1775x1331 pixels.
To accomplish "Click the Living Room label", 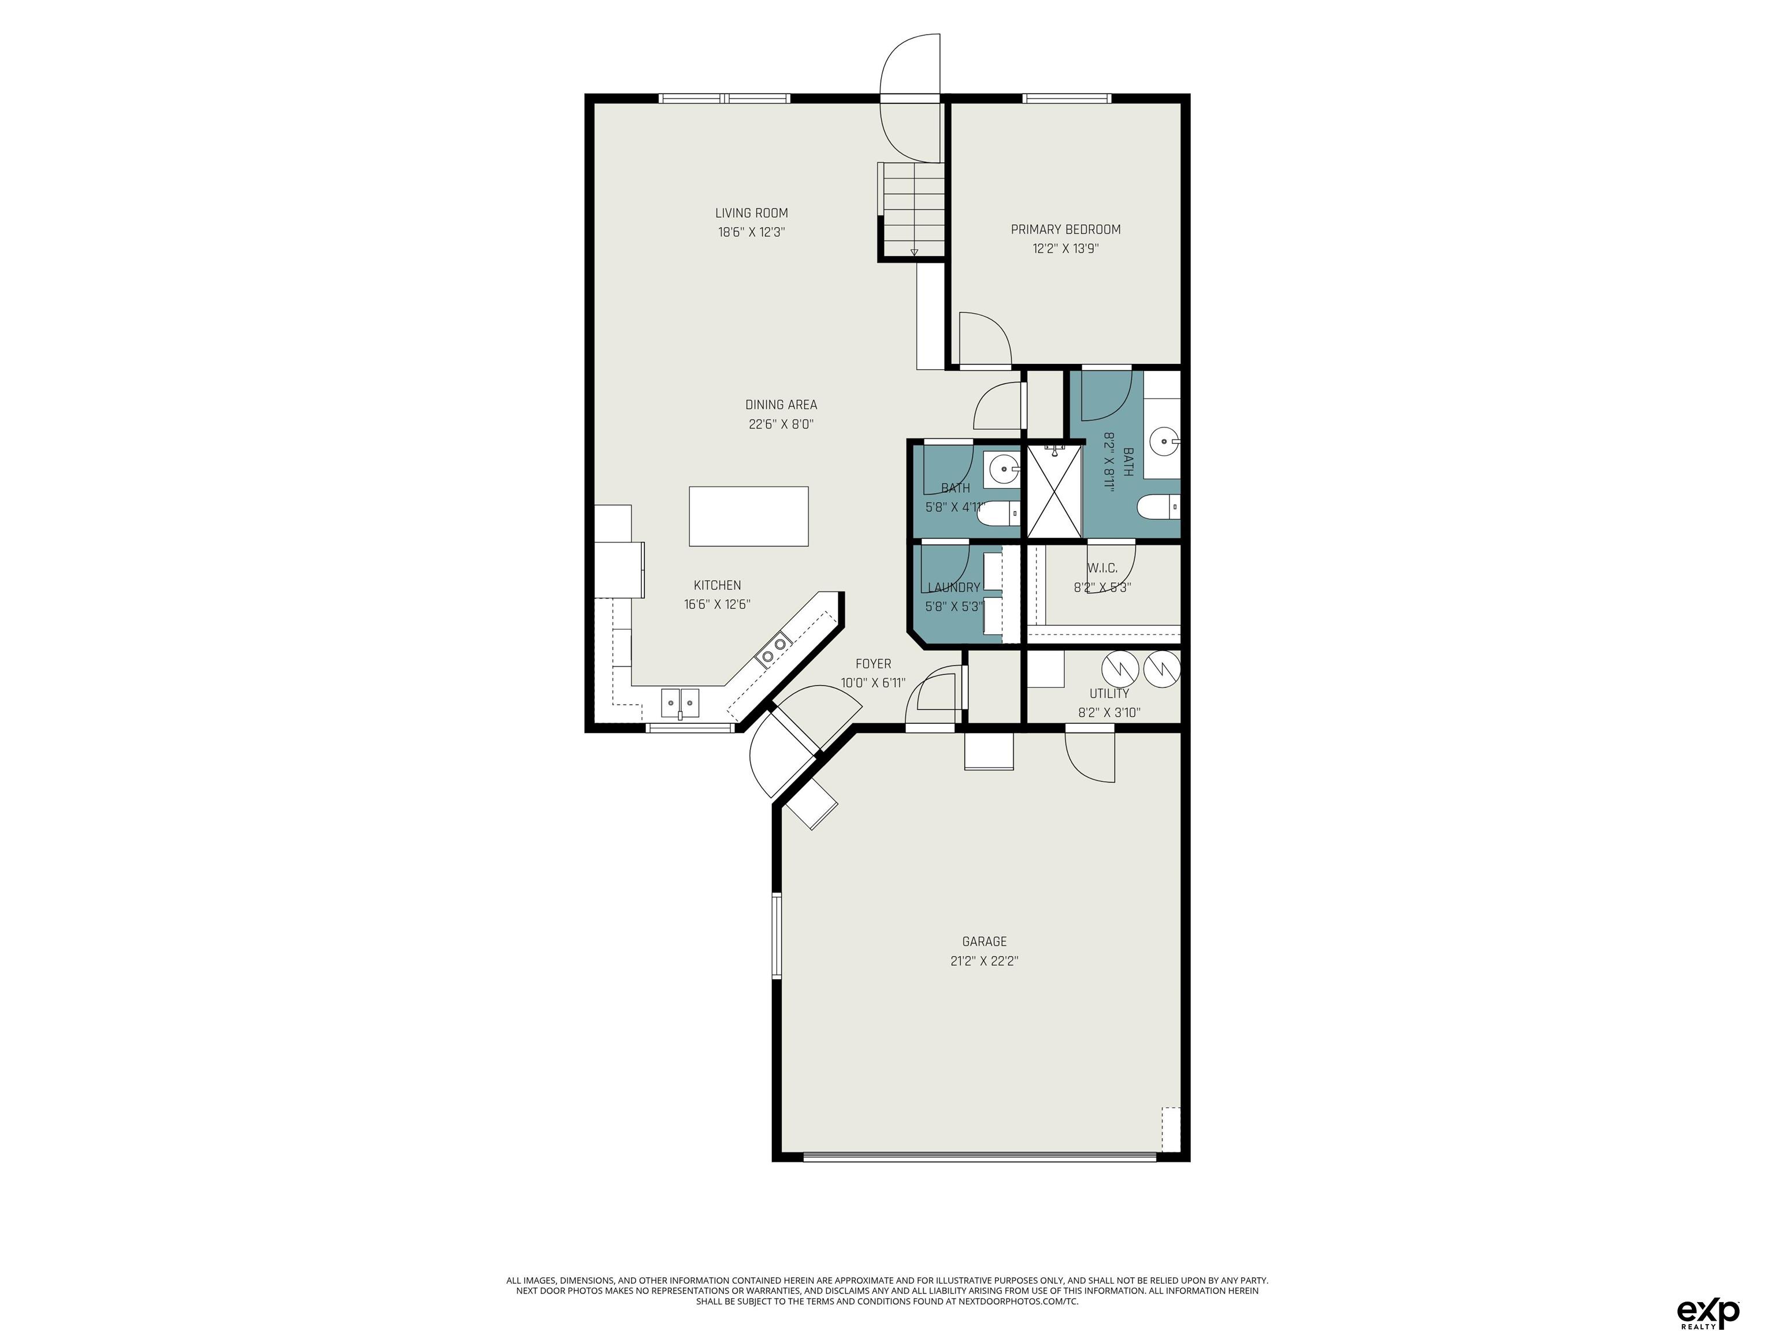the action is tap(751, 213).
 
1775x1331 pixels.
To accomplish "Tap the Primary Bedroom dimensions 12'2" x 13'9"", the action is tap(1065, 249).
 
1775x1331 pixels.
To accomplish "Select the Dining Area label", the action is tap(781, 405).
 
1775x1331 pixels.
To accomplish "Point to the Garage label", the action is tap(985, 942).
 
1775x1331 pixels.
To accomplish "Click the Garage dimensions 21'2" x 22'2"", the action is tap(985, 961).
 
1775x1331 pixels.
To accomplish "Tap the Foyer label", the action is tap(873, 664).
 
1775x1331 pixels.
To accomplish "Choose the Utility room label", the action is tap(1109, 694).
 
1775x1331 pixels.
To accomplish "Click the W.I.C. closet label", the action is tap(1102, 568).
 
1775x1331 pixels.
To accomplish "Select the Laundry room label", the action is tap(953, 588).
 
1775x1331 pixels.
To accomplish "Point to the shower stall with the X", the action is tap(1054, 491).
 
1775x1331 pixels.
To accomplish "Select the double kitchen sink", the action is tap(679, 703).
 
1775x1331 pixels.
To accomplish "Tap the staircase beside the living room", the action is tap(912, 209).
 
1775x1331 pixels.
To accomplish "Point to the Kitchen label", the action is tap(718, 586).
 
